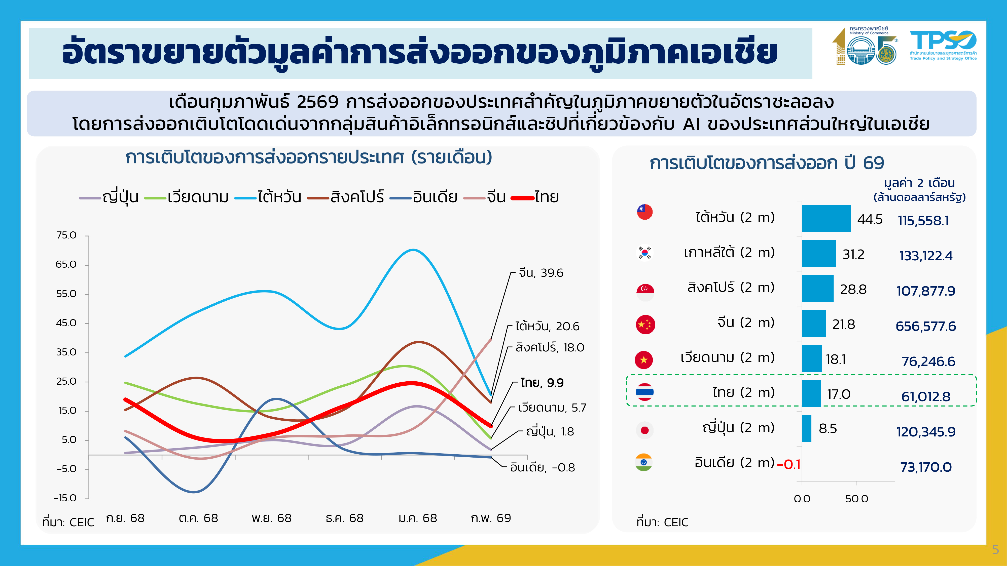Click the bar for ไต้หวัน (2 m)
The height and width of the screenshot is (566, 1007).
click(x=826, y=218)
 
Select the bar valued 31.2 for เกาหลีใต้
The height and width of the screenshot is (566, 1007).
click(x=819, y=254)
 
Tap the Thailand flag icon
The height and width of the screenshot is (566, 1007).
click(x=644, y=392)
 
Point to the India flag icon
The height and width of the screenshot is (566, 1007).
click(x=644, y=463)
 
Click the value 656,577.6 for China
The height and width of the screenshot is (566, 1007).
click(x=925, y=326)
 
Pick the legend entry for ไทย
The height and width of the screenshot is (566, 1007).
click(x=535, y=197)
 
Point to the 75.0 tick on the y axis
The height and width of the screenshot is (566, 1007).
click(x=66, y=235)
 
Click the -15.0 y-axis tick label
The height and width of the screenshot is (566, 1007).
click(x=65, y=498)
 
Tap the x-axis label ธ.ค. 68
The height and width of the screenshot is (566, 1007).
click(x=344, y=518)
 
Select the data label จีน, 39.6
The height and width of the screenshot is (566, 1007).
click(x=541, y=273)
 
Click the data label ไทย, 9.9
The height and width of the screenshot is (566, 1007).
click(x=542, y=383)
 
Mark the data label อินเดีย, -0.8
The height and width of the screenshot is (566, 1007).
click(x=542, y=468)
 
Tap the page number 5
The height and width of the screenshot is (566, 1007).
click(x=995, y=550)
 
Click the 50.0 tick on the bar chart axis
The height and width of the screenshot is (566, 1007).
click(x=856, y=499)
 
